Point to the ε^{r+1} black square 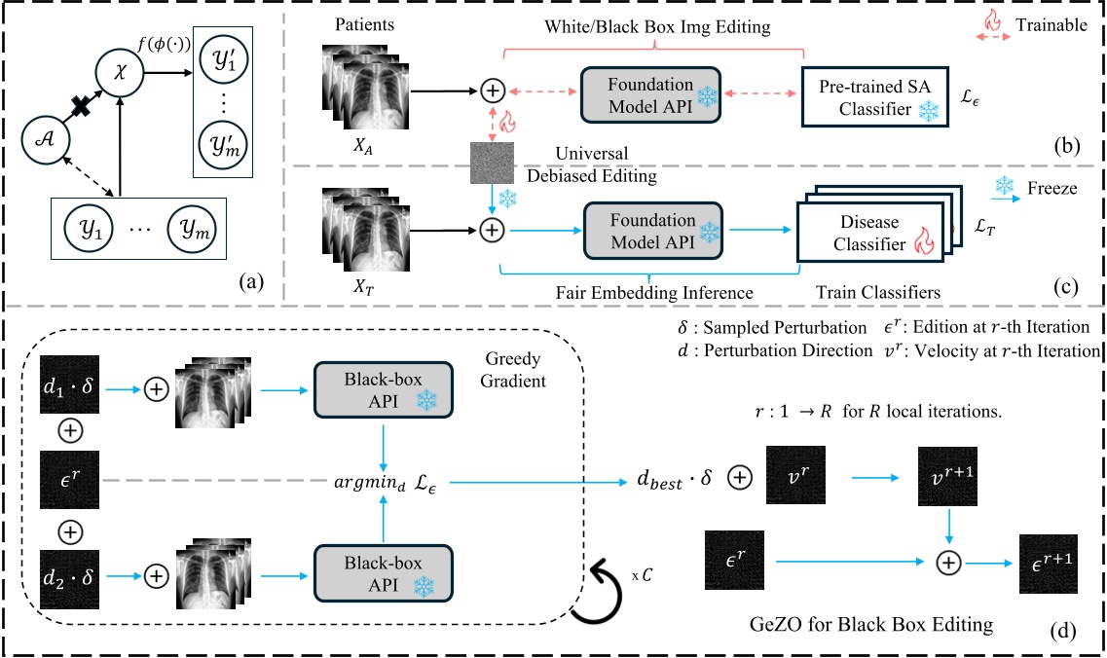(x=1048, y=562)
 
